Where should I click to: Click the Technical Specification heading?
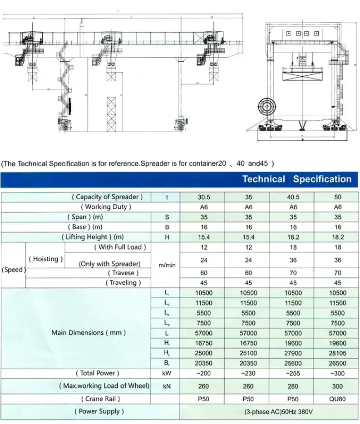pyautogui.click(x=297, y=179)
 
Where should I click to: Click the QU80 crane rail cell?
pyautogui.click(x=337, y=399)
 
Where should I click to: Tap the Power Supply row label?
pyautogui.click(x=99, y=411)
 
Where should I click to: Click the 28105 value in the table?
pyautogui.click(x=337, y=353)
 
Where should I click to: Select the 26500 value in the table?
pyautogui.click(x=337, y=363)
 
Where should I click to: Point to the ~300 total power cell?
pyautogui.click(x=337, y=373)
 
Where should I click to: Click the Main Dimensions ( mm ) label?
pyautogui.click(x=89, y=332)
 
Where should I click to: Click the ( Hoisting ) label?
pyautogui.click(x=45, y=259)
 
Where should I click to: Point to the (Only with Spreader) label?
pyautogui.click(x=109, y=263)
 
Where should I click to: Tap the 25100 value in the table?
pyautogui.click(x=248, y=353)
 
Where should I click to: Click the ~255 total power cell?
pyautogui.click(x=293, y=373)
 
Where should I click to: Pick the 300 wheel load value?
pyautogui.click(x=337, y=386)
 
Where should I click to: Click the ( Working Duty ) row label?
pyautogui.click(x=106, y=207)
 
